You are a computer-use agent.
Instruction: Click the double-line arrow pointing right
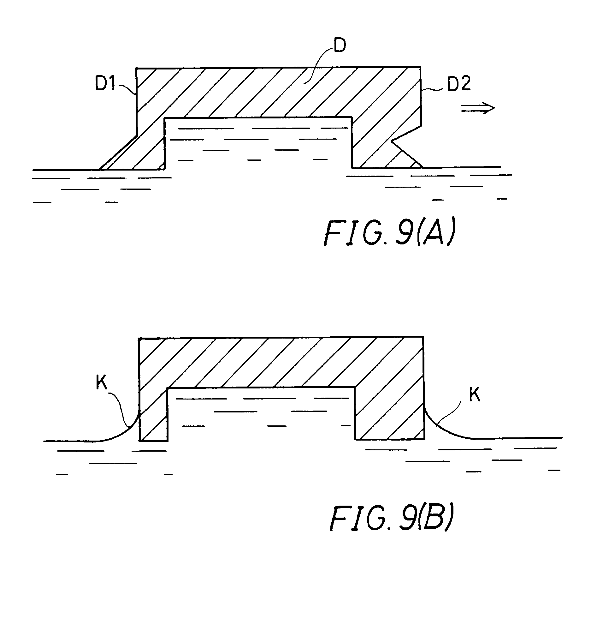point(477,108)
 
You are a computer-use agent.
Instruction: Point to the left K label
point(101,382)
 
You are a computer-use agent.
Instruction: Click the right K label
point(474,395)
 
